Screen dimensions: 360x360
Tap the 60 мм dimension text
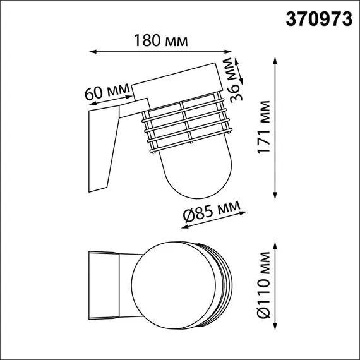[x=107, y=92]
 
